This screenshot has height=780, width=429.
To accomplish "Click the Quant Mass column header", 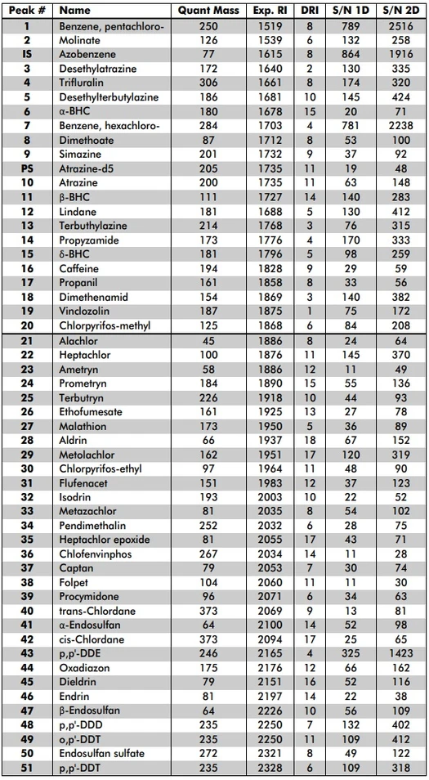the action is point(207,11).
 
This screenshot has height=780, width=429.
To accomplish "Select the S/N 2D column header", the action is point(400,11).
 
